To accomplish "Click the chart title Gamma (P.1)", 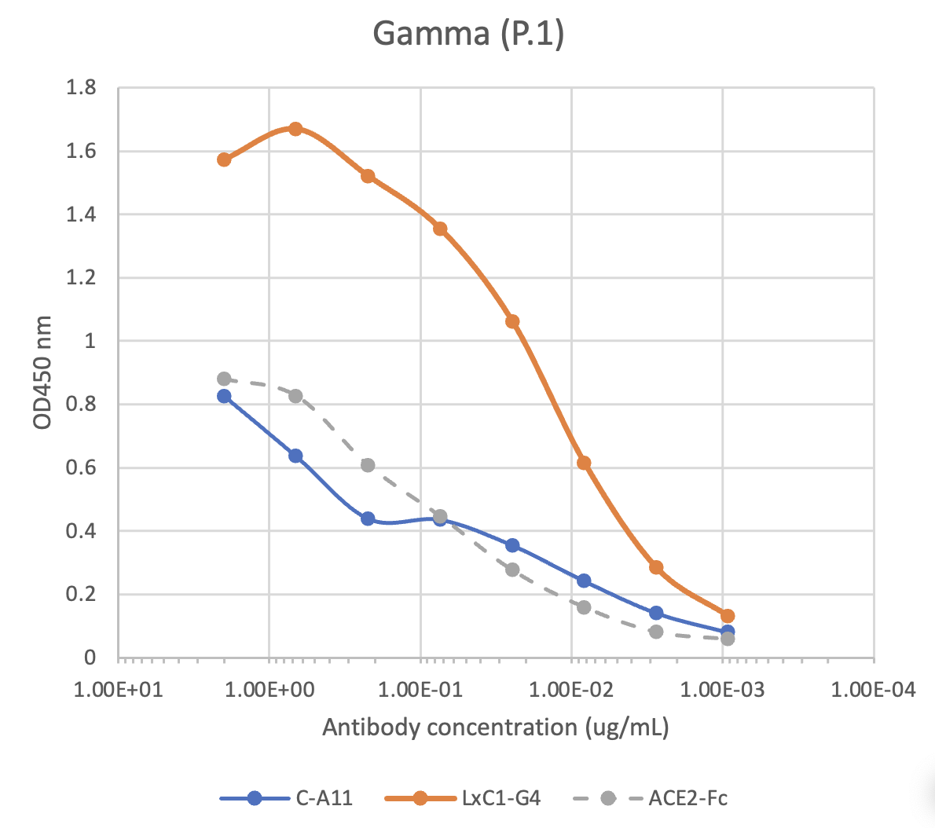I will tap(468, 34).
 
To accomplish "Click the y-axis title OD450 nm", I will tap(42, 372).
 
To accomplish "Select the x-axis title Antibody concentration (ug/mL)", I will tap(496, 727).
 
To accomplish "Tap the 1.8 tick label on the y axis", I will tap(82, 87).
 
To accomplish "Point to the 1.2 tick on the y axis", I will tap(82, 277).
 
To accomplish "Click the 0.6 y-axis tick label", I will tap(82, 467).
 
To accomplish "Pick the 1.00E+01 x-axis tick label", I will tap(119, 691).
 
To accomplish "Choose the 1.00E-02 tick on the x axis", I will tap(572, 691).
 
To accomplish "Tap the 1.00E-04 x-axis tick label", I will tap(874, 691).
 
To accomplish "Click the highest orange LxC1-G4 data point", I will tap(295, 129).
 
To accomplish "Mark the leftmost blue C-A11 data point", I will tap(224, 396).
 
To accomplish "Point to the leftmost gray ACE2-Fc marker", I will tap(224, 379).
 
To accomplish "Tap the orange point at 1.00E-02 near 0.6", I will tap(584, 463).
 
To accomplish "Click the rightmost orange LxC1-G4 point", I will tap(728, 616).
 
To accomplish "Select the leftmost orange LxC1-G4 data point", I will tap(224, 159).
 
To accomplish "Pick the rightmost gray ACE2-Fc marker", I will tap(728, 639).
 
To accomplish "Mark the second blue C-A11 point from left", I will tap(295, 456).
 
